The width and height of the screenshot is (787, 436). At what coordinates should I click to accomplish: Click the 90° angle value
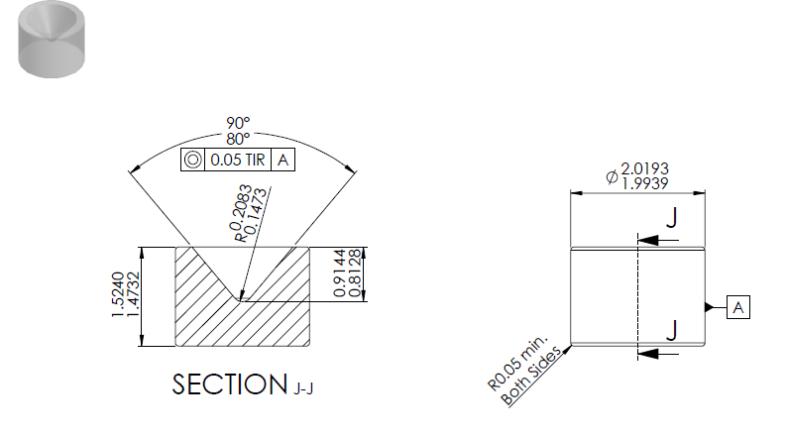[x=238, y=123]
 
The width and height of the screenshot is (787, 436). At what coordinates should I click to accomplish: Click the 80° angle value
[x=238, y=139]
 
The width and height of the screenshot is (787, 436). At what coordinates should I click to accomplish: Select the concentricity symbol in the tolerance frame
[x=192, y=160]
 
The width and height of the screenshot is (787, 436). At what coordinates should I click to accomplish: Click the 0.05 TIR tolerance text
[x=238, y=160]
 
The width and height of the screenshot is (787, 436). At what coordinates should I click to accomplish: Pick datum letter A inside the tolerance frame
[x=283, y=160]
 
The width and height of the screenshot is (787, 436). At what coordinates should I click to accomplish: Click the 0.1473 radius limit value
[x=257, y=211]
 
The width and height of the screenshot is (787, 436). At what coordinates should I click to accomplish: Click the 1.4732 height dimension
[x=133, y=294]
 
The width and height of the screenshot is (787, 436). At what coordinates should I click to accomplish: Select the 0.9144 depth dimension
[x=340, y=272]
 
